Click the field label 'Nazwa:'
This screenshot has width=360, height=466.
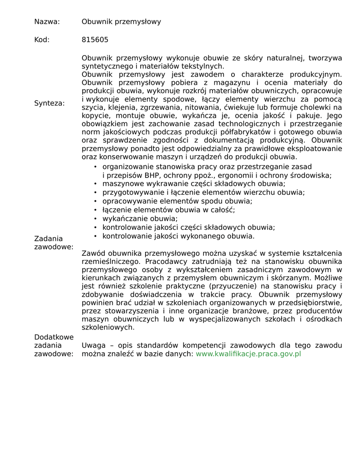47,21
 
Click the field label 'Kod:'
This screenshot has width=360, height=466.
42,40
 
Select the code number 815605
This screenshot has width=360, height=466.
95,40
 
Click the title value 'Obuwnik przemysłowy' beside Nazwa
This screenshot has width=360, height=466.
121,21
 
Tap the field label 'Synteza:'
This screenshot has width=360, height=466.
49,103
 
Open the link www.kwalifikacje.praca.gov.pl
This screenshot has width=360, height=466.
248,354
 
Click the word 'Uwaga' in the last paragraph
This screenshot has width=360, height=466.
93,345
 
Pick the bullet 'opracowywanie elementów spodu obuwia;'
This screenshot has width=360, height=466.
177,201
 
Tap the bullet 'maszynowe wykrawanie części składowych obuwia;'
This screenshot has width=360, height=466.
193,183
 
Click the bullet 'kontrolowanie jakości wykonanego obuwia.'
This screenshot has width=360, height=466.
178,236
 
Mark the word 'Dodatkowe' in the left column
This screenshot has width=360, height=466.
54,337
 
